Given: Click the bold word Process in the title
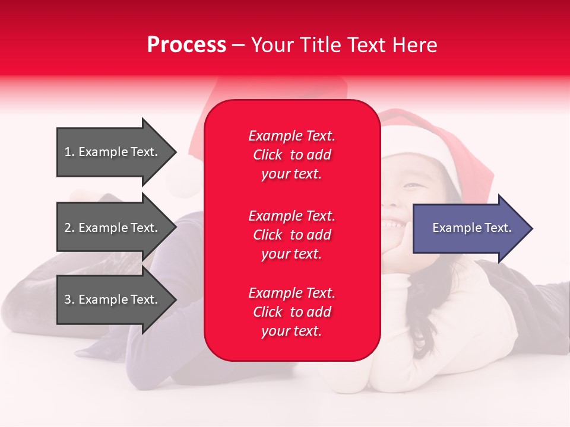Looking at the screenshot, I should [x=186, y=45].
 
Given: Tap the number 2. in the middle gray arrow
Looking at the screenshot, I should [x=69, y=228].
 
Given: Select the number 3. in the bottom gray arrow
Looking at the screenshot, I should [x=69, y=299].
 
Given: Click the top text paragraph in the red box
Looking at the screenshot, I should [x=292, y=155].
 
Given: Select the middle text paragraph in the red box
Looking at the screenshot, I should [x=292, y=235].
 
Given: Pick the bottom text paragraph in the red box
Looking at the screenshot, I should [x=292, y=312].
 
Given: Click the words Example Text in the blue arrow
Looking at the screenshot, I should [x=471, y=228].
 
